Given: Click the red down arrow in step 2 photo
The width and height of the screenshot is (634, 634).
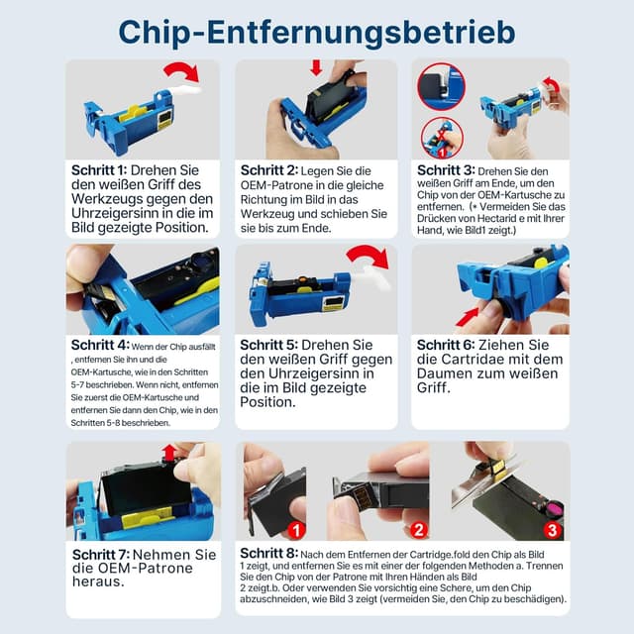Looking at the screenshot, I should (x=317, y=67).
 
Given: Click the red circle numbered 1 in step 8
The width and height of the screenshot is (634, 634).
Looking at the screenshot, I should (x=293, y=530).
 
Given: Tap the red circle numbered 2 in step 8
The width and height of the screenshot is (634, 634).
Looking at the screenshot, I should (x=419, y=530).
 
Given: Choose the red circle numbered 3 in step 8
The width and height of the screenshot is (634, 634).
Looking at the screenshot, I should (x=552, y=530).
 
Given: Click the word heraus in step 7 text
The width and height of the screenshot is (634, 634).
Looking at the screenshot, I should (x=101, y=583).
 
